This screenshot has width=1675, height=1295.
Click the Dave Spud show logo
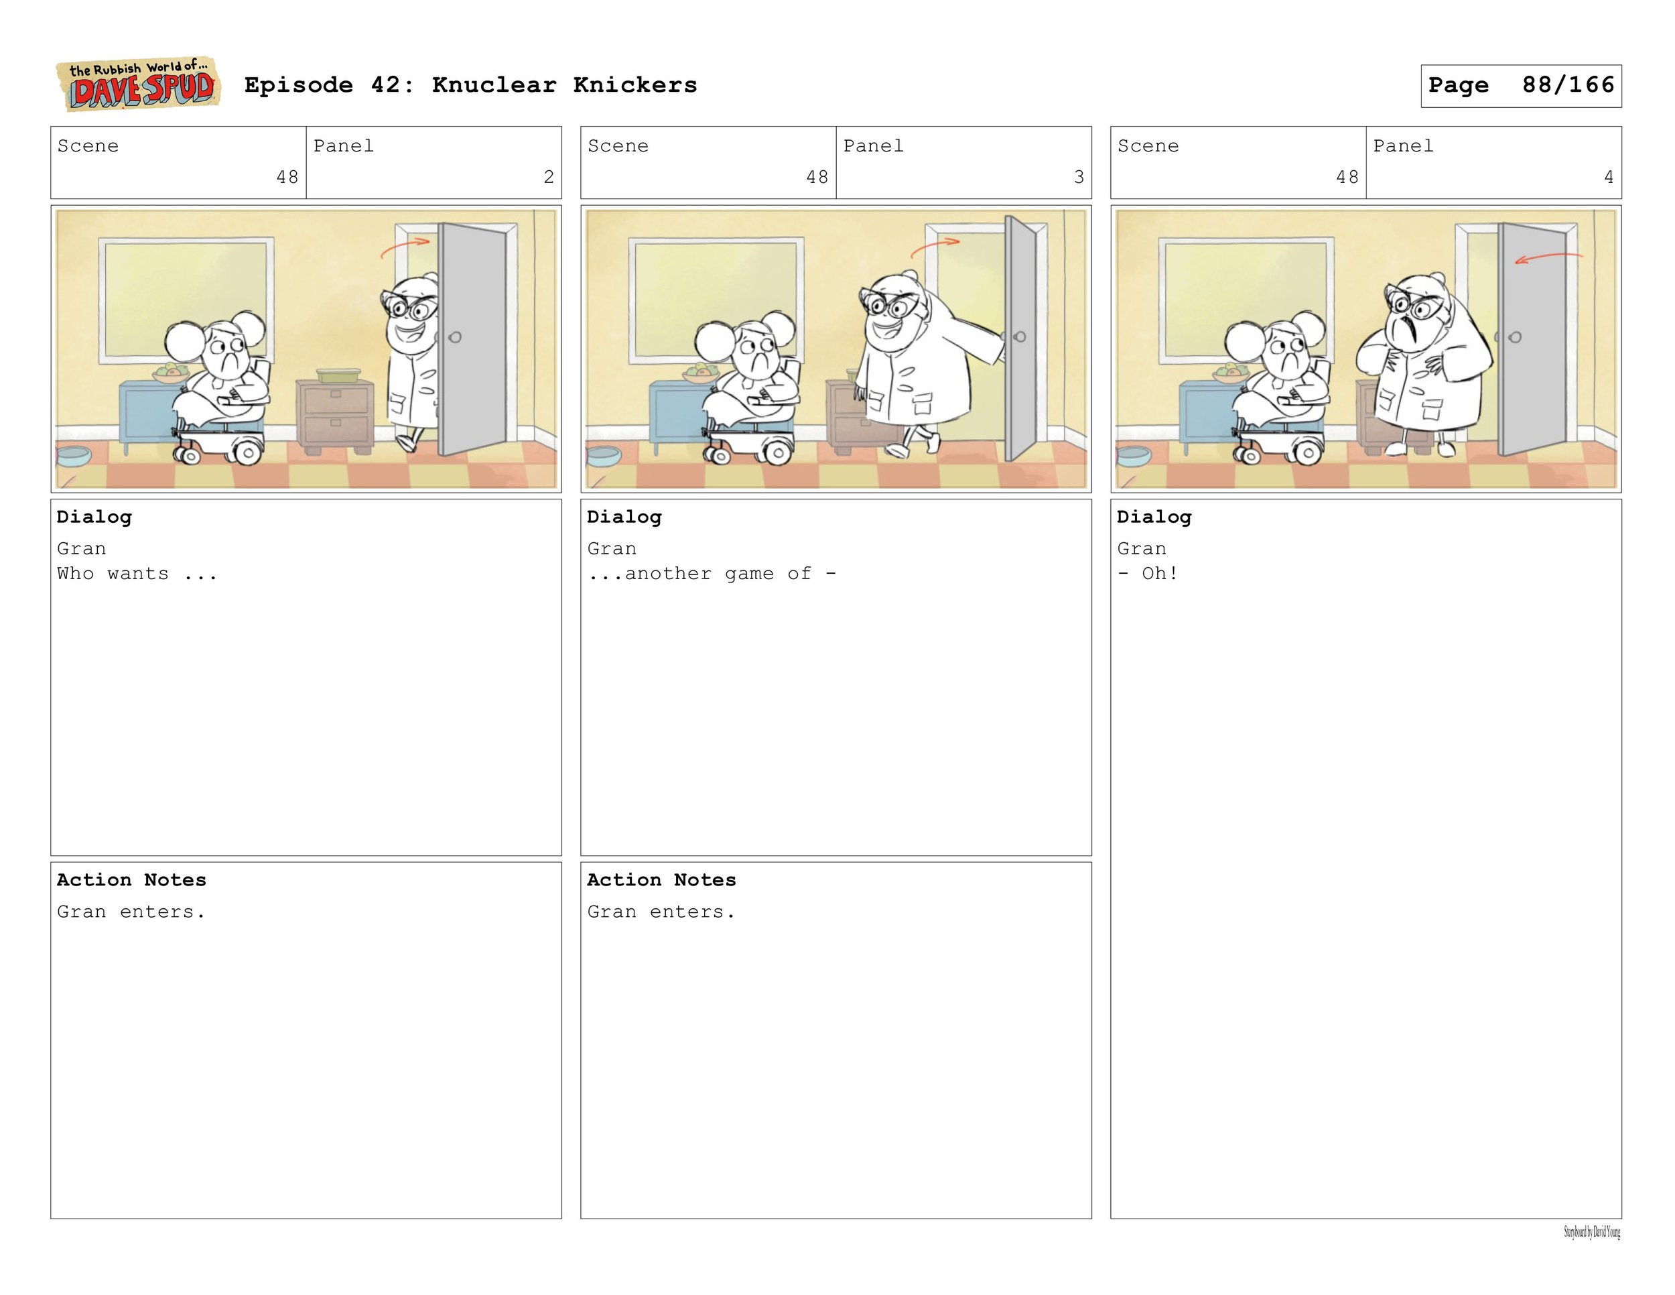point(138,84)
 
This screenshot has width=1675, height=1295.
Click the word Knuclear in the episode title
point(494,85)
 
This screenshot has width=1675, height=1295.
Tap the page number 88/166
point(1568,85)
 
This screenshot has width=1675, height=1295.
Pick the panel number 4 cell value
point(1608,177)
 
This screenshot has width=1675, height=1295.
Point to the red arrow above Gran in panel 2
point(405,246)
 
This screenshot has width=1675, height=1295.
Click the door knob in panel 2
point(455,336)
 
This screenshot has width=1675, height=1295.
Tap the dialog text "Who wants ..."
point(137,574)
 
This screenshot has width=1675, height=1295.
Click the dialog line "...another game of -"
point(712,574)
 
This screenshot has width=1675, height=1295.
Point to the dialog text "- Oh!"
point(1147,574)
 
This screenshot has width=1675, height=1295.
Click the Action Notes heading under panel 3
point(661,880)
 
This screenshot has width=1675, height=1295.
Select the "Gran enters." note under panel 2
point(131,912)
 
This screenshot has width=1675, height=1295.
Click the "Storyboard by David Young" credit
point(1592,1233)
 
